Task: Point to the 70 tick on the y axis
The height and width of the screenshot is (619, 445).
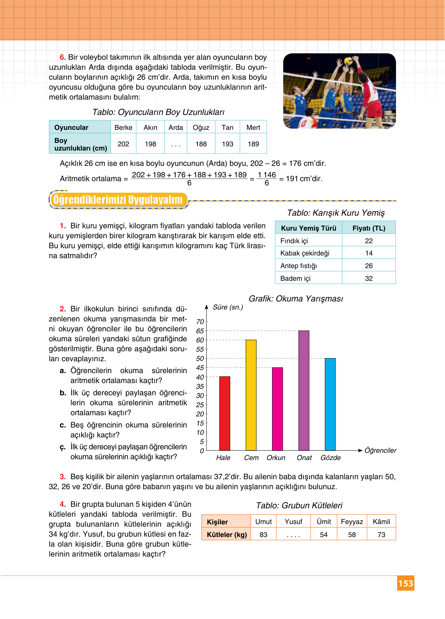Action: click(200, 322)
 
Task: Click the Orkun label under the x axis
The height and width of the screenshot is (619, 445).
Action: click(276, 458)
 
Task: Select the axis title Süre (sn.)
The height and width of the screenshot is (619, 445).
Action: click(228, 307)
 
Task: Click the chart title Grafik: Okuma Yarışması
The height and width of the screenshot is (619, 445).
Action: click(296, 298)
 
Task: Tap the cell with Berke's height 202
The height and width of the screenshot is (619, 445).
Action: click(123, 144)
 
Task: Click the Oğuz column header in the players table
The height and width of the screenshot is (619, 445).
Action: click(201, 128)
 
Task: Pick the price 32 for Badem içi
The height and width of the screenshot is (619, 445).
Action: click(368, 278)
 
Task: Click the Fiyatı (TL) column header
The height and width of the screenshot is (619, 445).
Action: click(368, 228)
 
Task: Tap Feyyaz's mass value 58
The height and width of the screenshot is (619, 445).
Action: click(352, 535)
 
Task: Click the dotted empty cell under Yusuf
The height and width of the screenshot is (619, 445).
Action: click(293, 535)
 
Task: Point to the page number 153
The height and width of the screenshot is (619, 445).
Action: click(406, 583)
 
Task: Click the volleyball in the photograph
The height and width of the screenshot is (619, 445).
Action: click(348, 61)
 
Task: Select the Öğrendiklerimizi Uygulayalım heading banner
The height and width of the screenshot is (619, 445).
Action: click(118, 200)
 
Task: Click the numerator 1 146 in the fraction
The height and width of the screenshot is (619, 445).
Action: click(267, 175)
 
